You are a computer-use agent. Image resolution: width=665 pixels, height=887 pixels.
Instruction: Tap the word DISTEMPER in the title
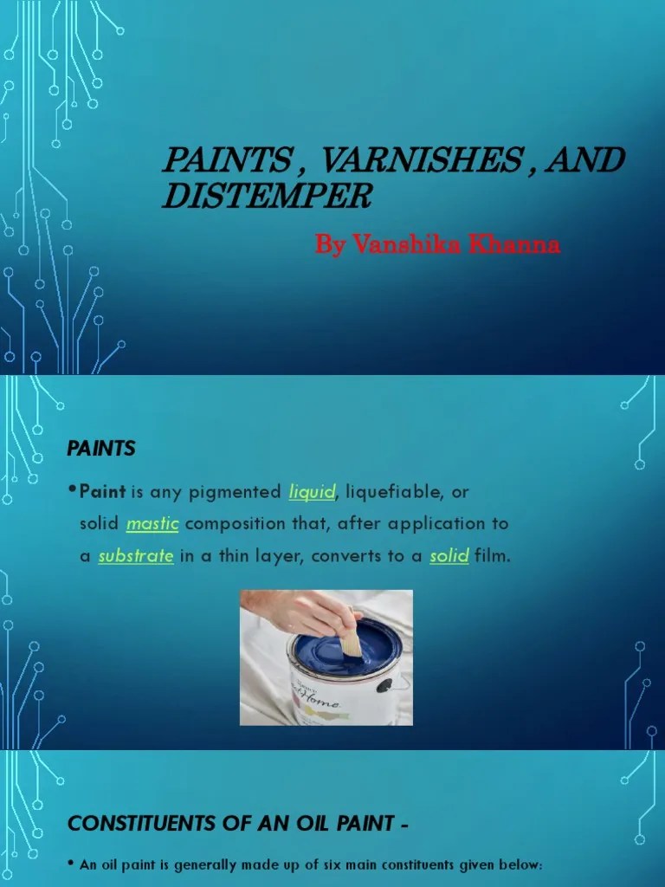tap(267, 197)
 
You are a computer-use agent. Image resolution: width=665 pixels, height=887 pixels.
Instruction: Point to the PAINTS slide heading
tap(101, 448)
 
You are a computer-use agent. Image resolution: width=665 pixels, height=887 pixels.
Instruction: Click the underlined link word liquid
tap(312, 492)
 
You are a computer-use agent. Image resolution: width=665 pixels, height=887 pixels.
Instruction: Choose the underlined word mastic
tap(152, 524)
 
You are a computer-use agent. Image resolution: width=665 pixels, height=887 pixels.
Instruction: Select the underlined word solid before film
tap(449, 556)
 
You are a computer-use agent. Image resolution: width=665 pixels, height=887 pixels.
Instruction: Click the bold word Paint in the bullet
tap(103, 492)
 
